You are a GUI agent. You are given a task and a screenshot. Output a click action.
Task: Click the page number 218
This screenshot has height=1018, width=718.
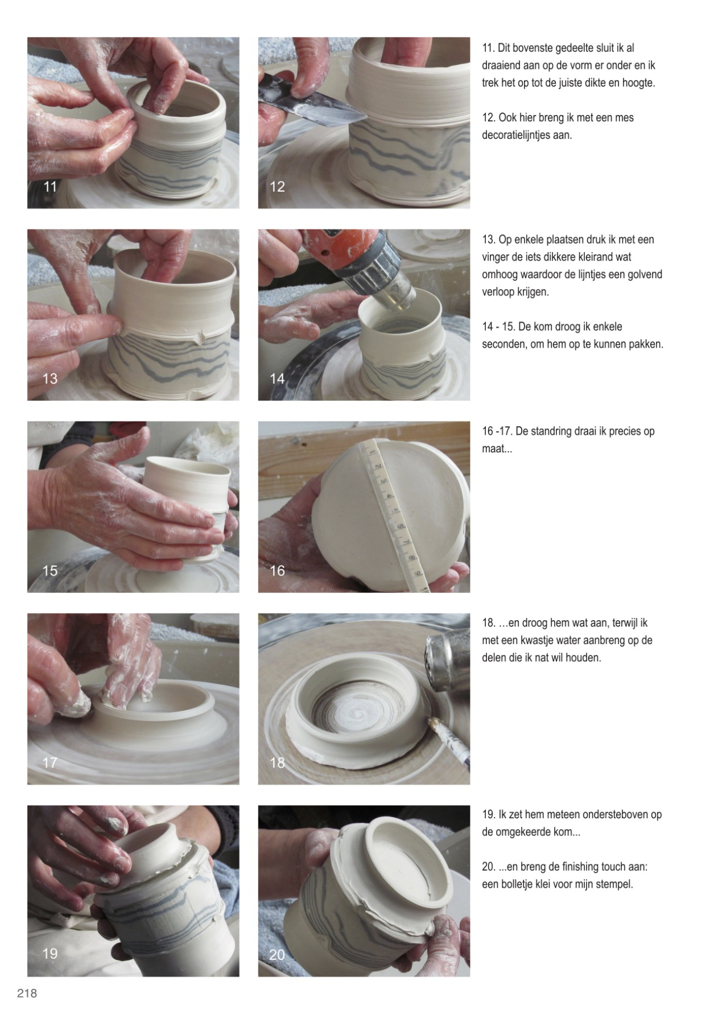27,993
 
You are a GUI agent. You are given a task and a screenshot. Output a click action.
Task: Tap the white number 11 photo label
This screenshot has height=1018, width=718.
50,187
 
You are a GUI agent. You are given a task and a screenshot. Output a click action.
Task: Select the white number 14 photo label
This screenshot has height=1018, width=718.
277,378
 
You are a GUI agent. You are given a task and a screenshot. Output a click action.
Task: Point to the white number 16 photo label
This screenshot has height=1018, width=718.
277,571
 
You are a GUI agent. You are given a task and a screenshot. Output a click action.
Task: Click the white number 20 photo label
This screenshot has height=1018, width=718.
277,954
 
